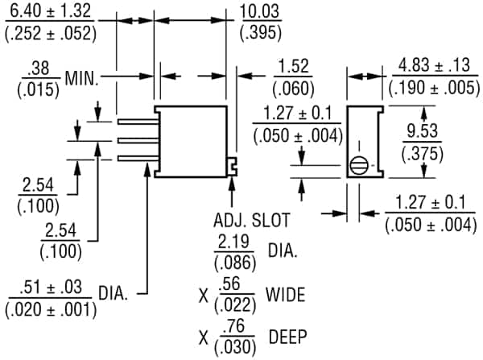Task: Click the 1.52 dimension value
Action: point(293,67)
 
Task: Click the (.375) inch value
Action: point(419,153)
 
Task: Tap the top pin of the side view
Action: point(135,123)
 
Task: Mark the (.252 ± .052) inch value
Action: point(49,33)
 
